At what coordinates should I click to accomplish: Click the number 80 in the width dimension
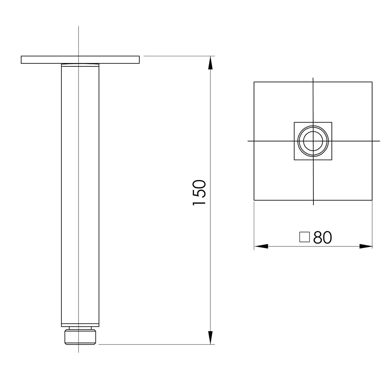[x=323, y=237]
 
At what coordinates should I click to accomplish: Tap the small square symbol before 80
[x=304, y=237]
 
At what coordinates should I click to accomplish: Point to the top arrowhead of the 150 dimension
[x=211, y=63]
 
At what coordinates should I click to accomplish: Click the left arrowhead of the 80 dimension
[x=261, y=246]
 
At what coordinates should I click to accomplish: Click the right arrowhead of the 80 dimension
[x=366, y=246]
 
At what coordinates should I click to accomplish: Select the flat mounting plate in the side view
[x=80, y=60]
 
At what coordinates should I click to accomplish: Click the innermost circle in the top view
[x=313, y=141]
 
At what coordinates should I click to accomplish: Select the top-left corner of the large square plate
[x=254, y=82]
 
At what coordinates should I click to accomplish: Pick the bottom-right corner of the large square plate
[x=372, y=200]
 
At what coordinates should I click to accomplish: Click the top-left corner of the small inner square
[x=294, y=122]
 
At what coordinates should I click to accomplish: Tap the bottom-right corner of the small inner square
[x=332, y=160]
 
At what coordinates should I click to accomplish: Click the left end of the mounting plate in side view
[x=22, y=60]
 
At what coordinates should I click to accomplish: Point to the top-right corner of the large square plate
[x=372, y=82]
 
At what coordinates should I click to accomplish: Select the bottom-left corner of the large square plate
[x=254, y=200]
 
